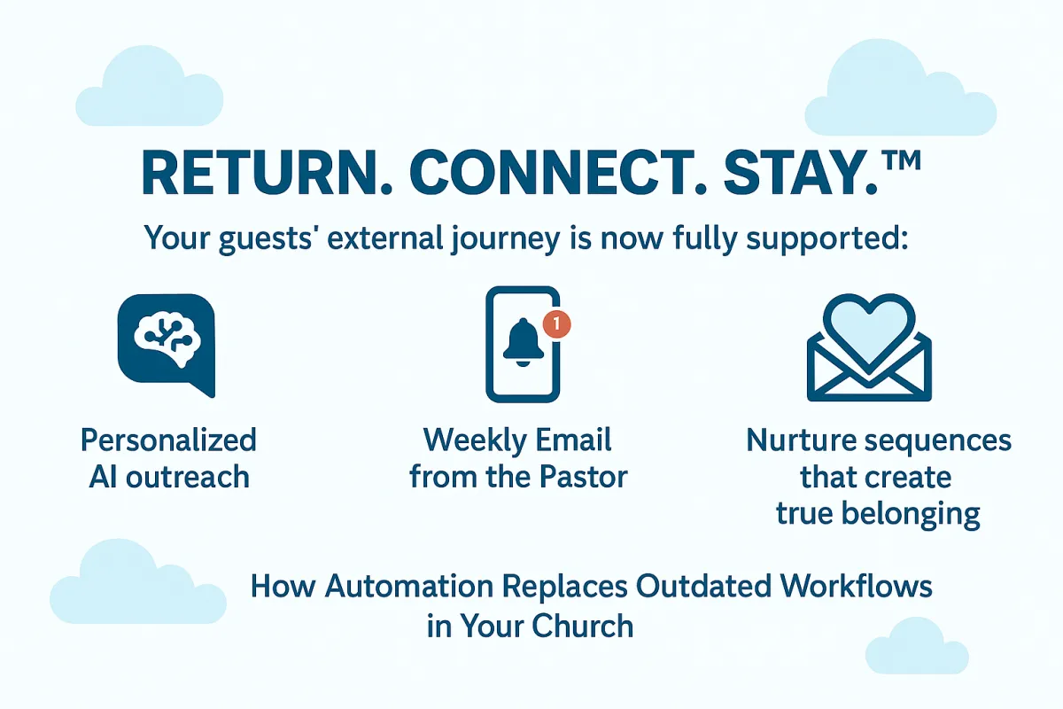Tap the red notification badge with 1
[x=556, y=324]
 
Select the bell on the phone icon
[x=523, y=342]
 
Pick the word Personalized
[x=168, y=440]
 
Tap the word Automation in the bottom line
[x=409, y=586]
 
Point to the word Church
[x=582, y=626]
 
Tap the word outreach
[x=188, y=477]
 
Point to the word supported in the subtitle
[x=827, y=239]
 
